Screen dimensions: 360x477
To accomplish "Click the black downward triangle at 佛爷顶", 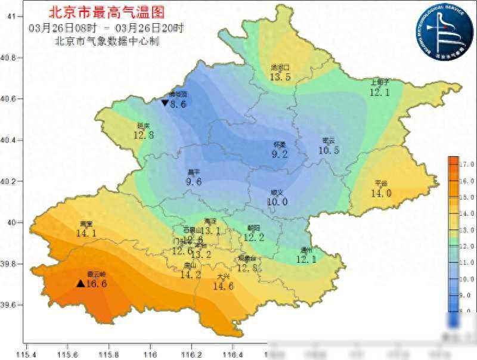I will click(165, 103).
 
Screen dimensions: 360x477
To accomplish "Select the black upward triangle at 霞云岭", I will click(80, 283).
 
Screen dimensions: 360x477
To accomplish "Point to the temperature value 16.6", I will click(97, 284).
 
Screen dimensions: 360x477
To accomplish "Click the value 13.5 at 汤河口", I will click(280, 77).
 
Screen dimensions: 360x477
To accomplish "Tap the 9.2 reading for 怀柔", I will click(280, 154).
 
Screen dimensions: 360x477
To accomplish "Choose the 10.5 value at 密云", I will click(329, 150).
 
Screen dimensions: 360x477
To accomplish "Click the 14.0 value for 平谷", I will click(381, 193).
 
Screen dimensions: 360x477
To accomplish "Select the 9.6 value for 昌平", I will click(194, 182).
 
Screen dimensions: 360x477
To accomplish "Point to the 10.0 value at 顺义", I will click(277, 202).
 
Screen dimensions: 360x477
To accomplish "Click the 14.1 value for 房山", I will click(86, 233).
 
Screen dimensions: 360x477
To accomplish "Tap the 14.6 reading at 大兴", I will click(224, 286).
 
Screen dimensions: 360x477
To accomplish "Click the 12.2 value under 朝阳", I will click(253, 237).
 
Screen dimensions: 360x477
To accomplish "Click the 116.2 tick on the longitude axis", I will click(191, 353).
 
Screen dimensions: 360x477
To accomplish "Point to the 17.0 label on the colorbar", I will click(466, 164).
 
